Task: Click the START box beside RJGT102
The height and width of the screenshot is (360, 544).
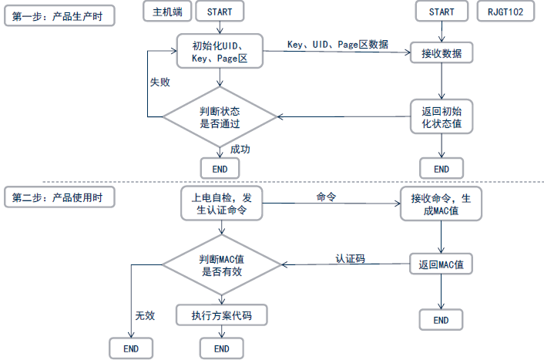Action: (441, 12)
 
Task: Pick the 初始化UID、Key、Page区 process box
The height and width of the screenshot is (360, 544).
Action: (220, 51)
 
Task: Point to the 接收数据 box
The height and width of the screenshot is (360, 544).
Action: (442, 53)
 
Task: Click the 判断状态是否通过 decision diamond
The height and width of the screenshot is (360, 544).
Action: (220, 116)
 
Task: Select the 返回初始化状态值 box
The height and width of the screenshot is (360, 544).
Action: (442, 116)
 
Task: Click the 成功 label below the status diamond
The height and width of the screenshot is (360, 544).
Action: (240, 149)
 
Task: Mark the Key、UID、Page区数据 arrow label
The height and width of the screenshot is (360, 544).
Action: (337, 44)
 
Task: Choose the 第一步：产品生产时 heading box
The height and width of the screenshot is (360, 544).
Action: (59, 16)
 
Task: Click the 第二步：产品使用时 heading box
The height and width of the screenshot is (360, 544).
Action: (59, 197)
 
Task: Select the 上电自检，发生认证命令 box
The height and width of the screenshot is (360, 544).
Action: (221, 204)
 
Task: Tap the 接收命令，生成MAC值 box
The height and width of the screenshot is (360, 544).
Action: (442, 204)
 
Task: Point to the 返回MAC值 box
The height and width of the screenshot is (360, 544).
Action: (442, 264)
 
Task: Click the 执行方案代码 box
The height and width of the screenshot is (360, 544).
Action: (221, 315)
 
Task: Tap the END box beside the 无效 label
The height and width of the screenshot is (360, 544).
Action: (131, 348)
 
